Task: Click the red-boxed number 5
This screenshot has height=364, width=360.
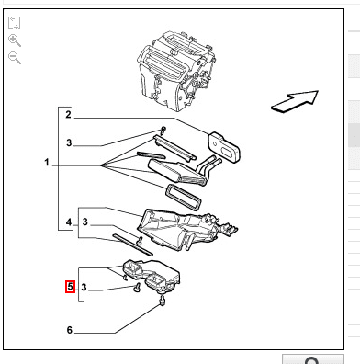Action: tap(70, 287)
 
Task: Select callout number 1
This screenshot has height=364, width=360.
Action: tap(47, 162)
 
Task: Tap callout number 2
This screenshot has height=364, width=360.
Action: tap(68, 115)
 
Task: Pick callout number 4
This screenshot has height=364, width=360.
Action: tap(69, 222)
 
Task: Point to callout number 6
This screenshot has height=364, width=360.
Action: tap(70, 330)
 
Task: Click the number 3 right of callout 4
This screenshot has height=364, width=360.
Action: tap(85, 222)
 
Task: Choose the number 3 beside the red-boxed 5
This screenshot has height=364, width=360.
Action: tap(84, 287)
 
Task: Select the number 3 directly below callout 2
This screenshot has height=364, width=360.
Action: tap(69, 142)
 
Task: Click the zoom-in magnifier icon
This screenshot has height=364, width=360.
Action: tap(15, 40)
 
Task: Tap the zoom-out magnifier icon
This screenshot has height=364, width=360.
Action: tap(15, 58)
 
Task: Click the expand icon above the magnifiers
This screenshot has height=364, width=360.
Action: tap(14, 23)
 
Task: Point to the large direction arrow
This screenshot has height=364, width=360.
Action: tap(295, 102)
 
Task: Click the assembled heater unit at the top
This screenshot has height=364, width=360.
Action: tap(175, 71)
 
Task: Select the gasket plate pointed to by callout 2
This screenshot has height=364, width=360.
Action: tap(224, 147)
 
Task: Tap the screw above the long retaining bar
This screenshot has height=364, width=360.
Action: tap(163, 130)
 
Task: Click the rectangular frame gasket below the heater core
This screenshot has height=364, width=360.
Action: tap(184, 198)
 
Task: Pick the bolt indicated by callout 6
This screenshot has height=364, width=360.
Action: tap(162, 301)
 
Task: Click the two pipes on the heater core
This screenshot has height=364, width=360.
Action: tap(208, 166)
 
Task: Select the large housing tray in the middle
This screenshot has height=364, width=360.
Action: tap(187, 230)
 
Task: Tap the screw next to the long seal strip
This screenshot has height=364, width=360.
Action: tap(140, 241)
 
